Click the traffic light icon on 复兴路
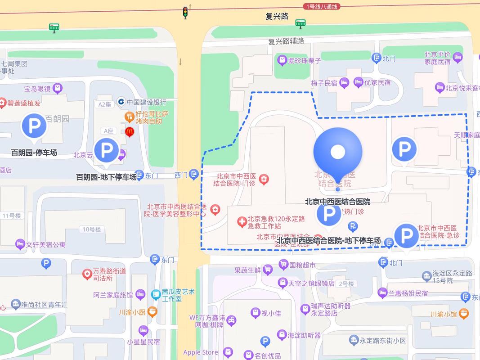(x=185, y=12)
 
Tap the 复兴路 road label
(x=277, y=17)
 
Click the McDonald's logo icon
(x=130, y=132)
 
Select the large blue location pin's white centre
(x=338, y=152)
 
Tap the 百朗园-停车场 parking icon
(x=34, y=126)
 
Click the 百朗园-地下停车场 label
(x=106, y=177)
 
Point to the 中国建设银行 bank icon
(x=121, y=102)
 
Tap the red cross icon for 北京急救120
(x=242, y=221)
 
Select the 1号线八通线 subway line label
(x=321, y=6)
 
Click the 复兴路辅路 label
(x=286, y=41)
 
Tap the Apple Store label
(x=200, y=352)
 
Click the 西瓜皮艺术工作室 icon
(x=156, y=295)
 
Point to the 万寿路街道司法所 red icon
(x=87, y=273)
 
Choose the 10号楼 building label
(x=91, y=229)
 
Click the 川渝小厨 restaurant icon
(x=153, y=311)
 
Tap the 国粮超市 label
(x=302, y=265)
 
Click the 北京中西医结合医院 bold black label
(x=337, y=201)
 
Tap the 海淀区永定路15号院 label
(x=452, y=277)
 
